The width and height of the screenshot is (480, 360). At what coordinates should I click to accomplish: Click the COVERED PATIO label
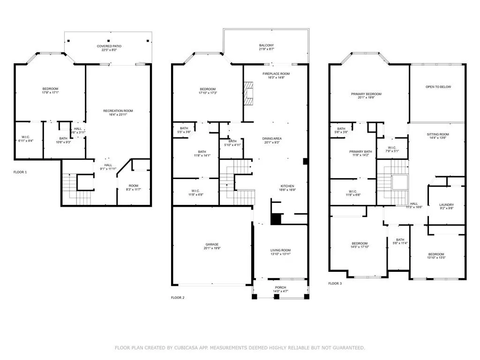click(x=109, y=46)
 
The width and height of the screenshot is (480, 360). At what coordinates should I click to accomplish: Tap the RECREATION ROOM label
click(x=118, y=111)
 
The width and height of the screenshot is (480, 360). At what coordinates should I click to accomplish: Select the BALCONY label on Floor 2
click(x=266, y=45)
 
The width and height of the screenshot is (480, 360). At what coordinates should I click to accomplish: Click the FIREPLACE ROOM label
click(x=276, y=74)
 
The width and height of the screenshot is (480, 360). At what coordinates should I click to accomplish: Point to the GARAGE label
click(x=212, y=244)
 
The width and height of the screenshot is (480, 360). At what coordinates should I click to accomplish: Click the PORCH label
click(x=280, y=287)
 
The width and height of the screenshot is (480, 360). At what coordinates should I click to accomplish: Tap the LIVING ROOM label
click(x=280, y=250)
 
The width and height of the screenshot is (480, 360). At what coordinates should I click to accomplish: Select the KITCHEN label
click(x=287, y=186)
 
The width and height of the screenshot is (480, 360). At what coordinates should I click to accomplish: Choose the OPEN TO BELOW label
click(x=438, y=87)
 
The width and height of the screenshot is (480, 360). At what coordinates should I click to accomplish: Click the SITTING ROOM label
click(x=438, y=134)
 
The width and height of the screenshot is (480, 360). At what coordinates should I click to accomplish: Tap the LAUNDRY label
click(x=446, y=204)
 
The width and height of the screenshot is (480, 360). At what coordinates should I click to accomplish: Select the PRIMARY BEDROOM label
click(x=366, y=94)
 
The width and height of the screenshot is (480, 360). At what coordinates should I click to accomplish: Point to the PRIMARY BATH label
click(x=360, y=151)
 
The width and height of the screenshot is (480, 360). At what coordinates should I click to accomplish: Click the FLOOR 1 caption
click(x=20, y=172)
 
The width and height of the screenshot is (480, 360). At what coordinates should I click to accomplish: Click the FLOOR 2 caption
click(x=178, y=297)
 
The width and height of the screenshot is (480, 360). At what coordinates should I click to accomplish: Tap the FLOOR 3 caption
click(x=335, y=283)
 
